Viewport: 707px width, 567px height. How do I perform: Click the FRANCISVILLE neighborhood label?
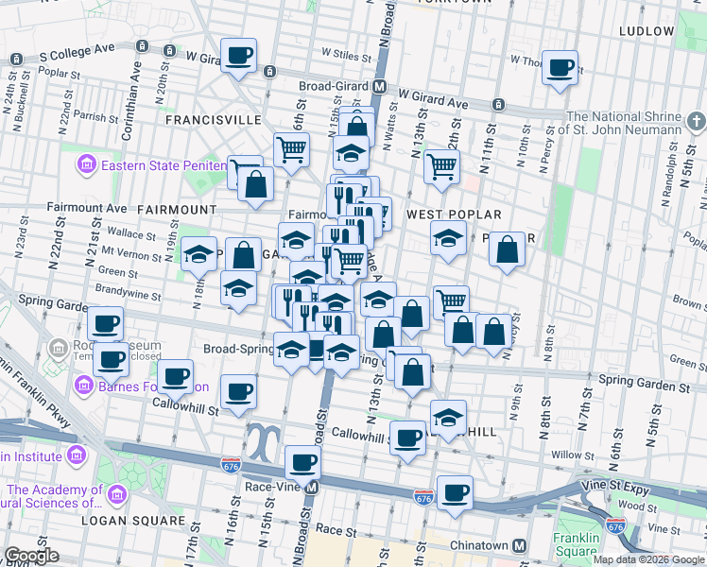(213, 120)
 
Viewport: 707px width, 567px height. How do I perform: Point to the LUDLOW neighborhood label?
(647, 31)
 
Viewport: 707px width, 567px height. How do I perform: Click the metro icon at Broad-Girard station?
(379, 86)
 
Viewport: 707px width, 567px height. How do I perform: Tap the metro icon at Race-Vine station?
(313, 489)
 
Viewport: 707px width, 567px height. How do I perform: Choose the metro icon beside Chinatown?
(519, 545)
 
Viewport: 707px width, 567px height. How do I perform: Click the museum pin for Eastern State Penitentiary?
(87, 166)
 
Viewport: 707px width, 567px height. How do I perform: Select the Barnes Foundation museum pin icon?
(83, 386)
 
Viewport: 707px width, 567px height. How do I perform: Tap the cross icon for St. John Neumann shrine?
(695, 121)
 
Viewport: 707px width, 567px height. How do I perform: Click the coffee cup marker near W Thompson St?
(560, 67)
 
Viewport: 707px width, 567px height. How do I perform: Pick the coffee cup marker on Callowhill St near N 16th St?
(239, 389)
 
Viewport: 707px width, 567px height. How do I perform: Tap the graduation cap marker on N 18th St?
(198, 253)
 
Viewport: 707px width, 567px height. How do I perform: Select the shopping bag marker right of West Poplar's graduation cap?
(508, 249)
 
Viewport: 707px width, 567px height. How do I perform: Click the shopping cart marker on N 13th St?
(441, 166)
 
